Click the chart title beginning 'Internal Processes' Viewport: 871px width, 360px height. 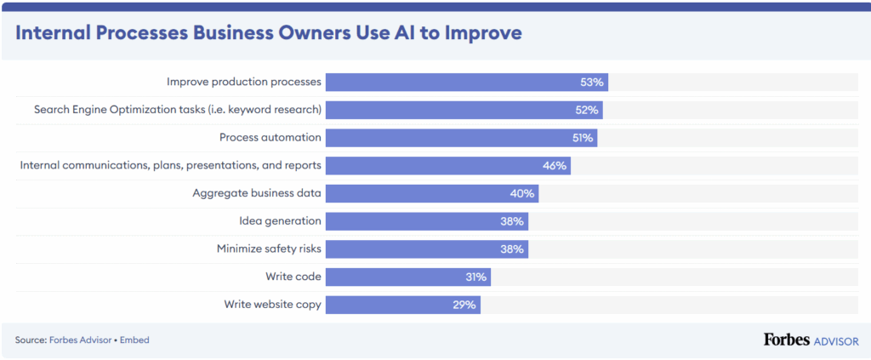pos(268,33)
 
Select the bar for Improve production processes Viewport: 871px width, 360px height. pos(466,83)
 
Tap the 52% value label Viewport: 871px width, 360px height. pos(588,110)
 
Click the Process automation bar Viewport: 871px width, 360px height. pos(461,138)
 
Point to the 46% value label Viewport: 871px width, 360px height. pos(555,165)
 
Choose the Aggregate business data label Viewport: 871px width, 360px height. pos(257,193)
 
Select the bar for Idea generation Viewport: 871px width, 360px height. pos(426,221)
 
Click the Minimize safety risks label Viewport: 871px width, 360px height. pos(269,249)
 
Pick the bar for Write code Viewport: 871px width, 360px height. pos(407,277)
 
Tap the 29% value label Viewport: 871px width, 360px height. pos(464,304)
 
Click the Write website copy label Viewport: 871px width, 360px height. pos(272,304)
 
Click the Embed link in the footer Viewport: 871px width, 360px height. pos(134,340)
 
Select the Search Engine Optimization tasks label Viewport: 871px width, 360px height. pos(177,110)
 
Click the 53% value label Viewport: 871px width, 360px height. pos(592,83)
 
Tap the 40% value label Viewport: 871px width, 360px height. pos(522,193)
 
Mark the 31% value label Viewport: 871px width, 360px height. pos(475,277)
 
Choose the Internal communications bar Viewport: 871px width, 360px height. pos(447,165)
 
